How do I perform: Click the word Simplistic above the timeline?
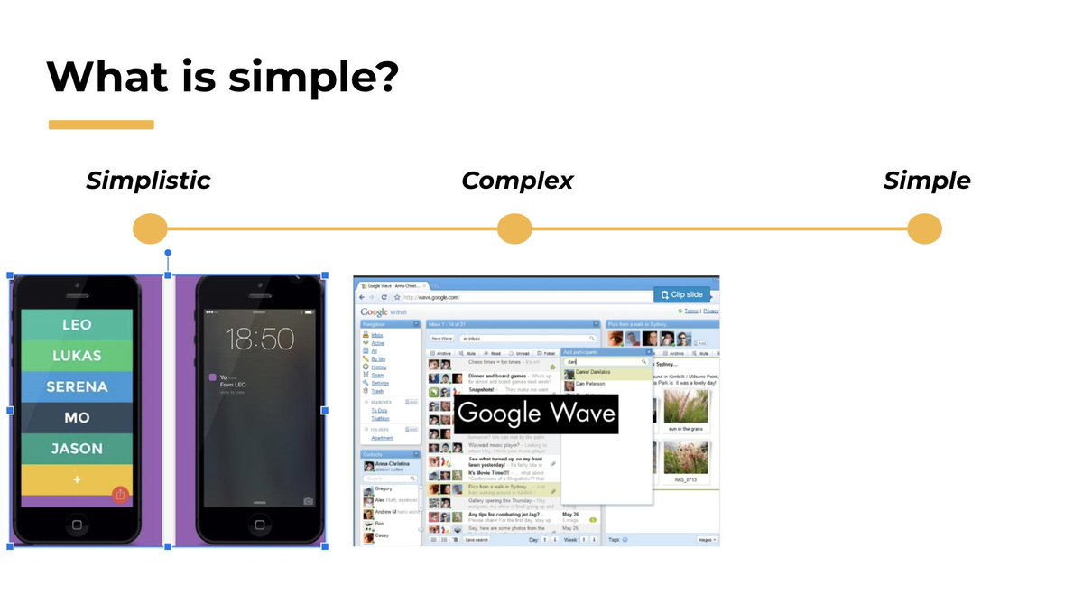pos(148,181)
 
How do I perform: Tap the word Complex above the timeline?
pos(517,181)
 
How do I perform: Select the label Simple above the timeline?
pos(927,181)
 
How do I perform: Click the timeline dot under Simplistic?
pos(150,228)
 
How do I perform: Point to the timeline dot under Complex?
pos(514,228)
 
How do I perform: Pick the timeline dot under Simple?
pos(924,228)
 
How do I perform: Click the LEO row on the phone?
pos(77,325)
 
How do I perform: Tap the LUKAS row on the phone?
pos(77,356)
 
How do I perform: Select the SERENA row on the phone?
pos(77,386)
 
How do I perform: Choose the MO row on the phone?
pos(77,418)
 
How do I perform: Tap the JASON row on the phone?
pos(77,449)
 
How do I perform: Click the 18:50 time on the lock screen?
pos(260,339)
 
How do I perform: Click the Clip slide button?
pos(681,295)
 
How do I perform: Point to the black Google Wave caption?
pos(536,414)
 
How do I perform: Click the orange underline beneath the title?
pos(101,125)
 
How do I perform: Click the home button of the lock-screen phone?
pos(260,525)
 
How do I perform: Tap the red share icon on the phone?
pos(121,494)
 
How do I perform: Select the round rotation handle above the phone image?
pos(168,254)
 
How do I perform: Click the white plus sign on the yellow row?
pos(77,479)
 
